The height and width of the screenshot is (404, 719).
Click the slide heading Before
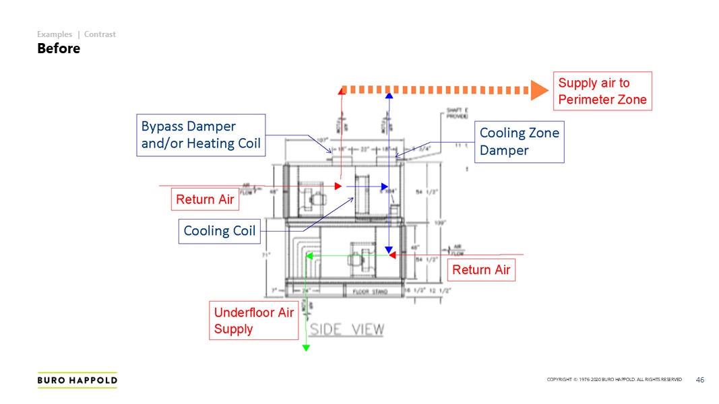coord(59,48)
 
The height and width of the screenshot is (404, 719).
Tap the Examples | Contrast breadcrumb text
coord(76,34)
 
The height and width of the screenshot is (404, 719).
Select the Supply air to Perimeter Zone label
coord(602,92)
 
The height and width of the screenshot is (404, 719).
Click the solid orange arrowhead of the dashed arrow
coord(538,90)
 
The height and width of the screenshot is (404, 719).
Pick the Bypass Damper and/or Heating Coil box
coord(201,135)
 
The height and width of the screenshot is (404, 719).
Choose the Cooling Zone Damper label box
coord(519,141)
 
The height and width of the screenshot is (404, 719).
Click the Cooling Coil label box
coord(220,231)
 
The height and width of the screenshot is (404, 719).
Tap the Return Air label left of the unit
coord(205,199)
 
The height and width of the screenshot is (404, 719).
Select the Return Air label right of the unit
coord(481,269)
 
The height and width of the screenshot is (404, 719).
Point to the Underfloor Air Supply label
coord(253,321)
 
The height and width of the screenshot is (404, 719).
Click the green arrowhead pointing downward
coord(306,347)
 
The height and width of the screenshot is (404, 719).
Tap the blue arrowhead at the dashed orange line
coord(389,95)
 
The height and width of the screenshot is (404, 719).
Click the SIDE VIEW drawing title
coord(347,329)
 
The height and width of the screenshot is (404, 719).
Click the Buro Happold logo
coord(77,380)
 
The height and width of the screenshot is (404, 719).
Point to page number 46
coord(699,380)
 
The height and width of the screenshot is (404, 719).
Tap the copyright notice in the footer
coord(614,380)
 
